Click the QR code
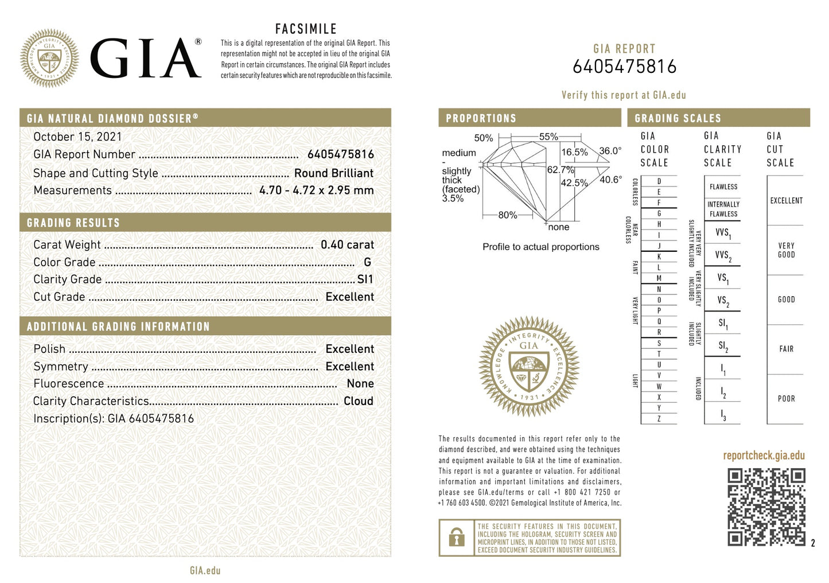point(766,507)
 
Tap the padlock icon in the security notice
point(457,538)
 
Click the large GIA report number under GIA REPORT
point(624,67)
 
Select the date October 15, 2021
point(77,137)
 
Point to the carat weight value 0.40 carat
point(347,245)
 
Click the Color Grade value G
point(367,262)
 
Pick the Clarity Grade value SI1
point(365,279)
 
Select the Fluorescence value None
point(360,384)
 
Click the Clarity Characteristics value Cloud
point(358,401)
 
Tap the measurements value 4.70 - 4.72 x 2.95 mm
point(316,191)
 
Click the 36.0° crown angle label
point(610,151)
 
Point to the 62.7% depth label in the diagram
point(560,170)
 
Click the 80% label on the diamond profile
point(507,215)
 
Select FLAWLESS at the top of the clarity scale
point(723,187)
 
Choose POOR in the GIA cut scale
point(786,399)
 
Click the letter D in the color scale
point(659,181)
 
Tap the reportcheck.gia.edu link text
point(764,456)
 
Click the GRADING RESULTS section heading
point(73,223)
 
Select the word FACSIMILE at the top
point(306,29)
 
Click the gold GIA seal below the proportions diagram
point(528,366)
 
